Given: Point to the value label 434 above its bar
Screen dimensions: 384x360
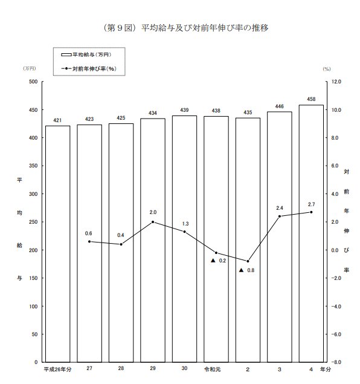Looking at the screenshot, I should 153,112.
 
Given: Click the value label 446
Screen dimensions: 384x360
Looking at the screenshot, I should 279,106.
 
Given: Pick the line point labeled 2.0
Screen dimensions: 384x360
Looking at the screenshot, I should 153,222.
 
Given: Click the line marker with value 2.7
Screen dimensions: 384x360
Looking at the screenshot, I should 311,212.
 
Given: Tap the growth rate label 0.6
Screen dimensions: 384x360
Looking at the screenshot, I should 89,233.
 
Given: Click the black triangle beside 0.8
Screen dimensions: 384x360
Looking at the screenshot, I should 241,270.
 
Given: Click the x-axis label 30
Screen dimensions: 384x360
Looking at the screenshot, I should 184,369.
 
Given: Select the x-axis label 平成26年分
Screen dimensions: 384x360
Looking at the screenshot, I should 57,369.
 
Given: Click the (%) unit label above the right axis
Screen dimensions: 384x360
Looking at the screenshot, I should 326,69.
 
